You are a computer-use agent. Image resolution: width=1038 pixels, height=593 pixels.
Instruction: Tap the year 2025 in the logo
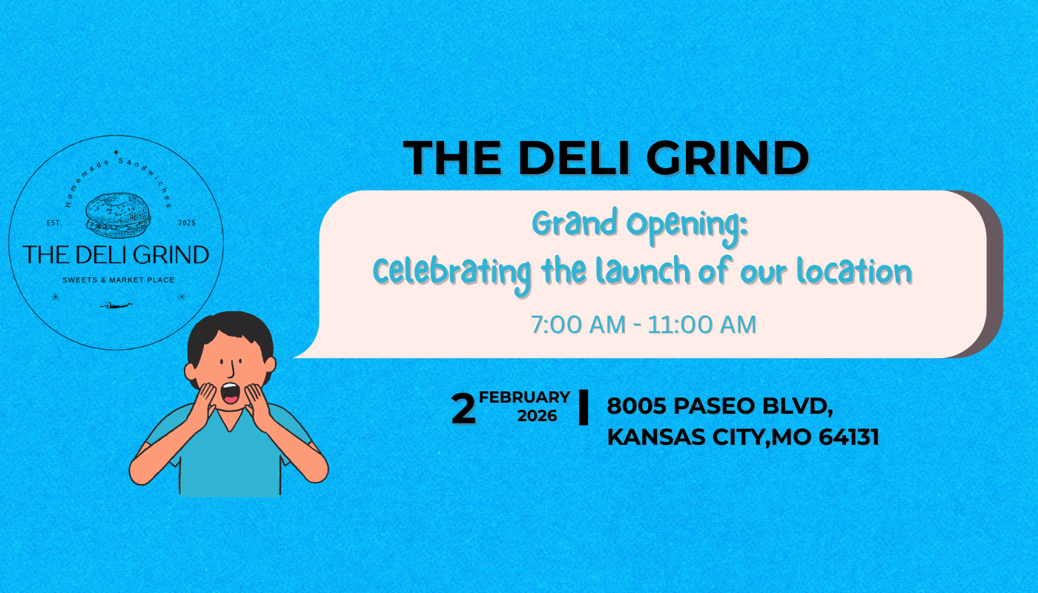186,222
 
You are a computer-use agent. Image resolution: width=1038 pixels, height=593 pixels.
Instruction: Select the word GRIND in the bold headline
730,157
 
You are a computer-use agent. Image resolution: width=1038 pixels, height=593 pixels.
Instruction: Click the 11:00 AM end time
702,325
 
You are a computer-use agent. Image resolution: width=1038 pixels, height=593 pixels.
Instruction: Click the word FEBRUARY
525,397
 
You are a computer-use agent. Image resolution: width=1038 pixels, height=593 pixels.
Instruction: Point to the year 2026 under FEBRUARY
538,416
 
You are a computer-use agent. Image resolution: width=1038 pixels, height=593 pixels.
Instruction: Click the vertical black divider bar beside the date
584,408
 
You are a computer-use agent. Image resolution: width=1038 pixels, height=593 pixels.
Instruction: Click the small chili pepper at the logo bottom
116,305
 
